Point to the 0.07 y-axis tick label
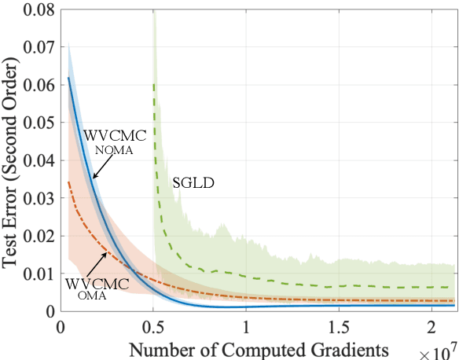coord(39,46)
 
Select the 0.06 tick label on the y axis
coord(39,83)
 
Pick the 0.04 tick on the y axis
coord(39,160)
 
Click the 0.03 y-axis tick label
coord(39,197)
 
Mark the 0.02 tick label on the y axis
coord(39,235)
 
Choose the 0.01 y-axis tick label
coord(39,273)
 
